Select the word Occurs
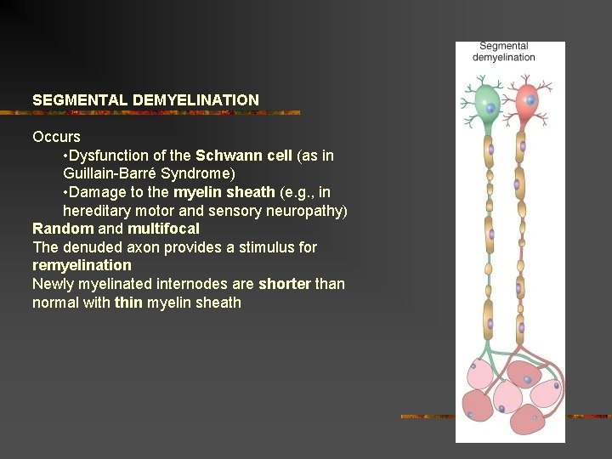(56, 137)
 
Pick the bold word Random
(63, 229)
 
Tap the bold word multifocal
(163, 229)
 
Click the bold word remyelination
(82, 265)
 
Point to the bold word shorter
(284, 284)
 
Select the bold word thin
(128, 303)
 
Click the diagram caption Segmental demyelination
(504, 52)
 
